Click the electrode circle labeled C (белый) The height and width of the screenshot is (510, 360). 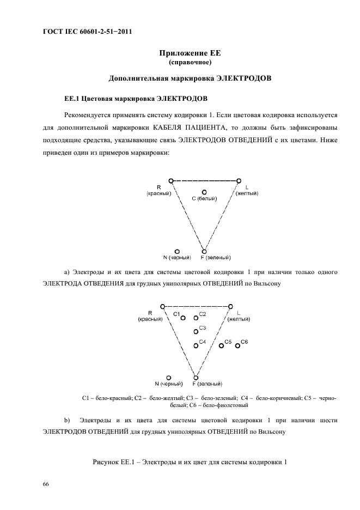click(204, 192)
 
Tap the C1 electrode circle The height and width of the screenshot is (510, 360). click(183, 318)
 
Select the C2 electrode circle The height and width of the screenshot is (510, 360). click(196, 318)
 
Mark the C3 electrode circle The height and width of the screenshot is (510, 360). click(196, 331)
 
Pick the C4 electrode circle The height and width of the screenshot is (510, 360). click(196, 345)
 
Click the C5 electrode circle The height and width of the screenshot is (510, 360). click(221, 345)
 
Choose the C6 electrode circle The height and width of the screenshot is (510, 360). click(237, 345)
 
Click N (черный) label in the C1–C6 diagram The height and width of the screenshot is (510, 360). click(168, 384)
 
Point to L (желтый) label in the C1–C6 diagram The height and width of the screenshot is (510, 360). click(239, 316)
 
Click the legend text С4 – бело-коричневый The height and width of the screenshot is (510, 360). click(271, 398)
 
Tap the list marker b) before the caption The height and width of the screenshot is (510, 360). click(68, 420)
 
